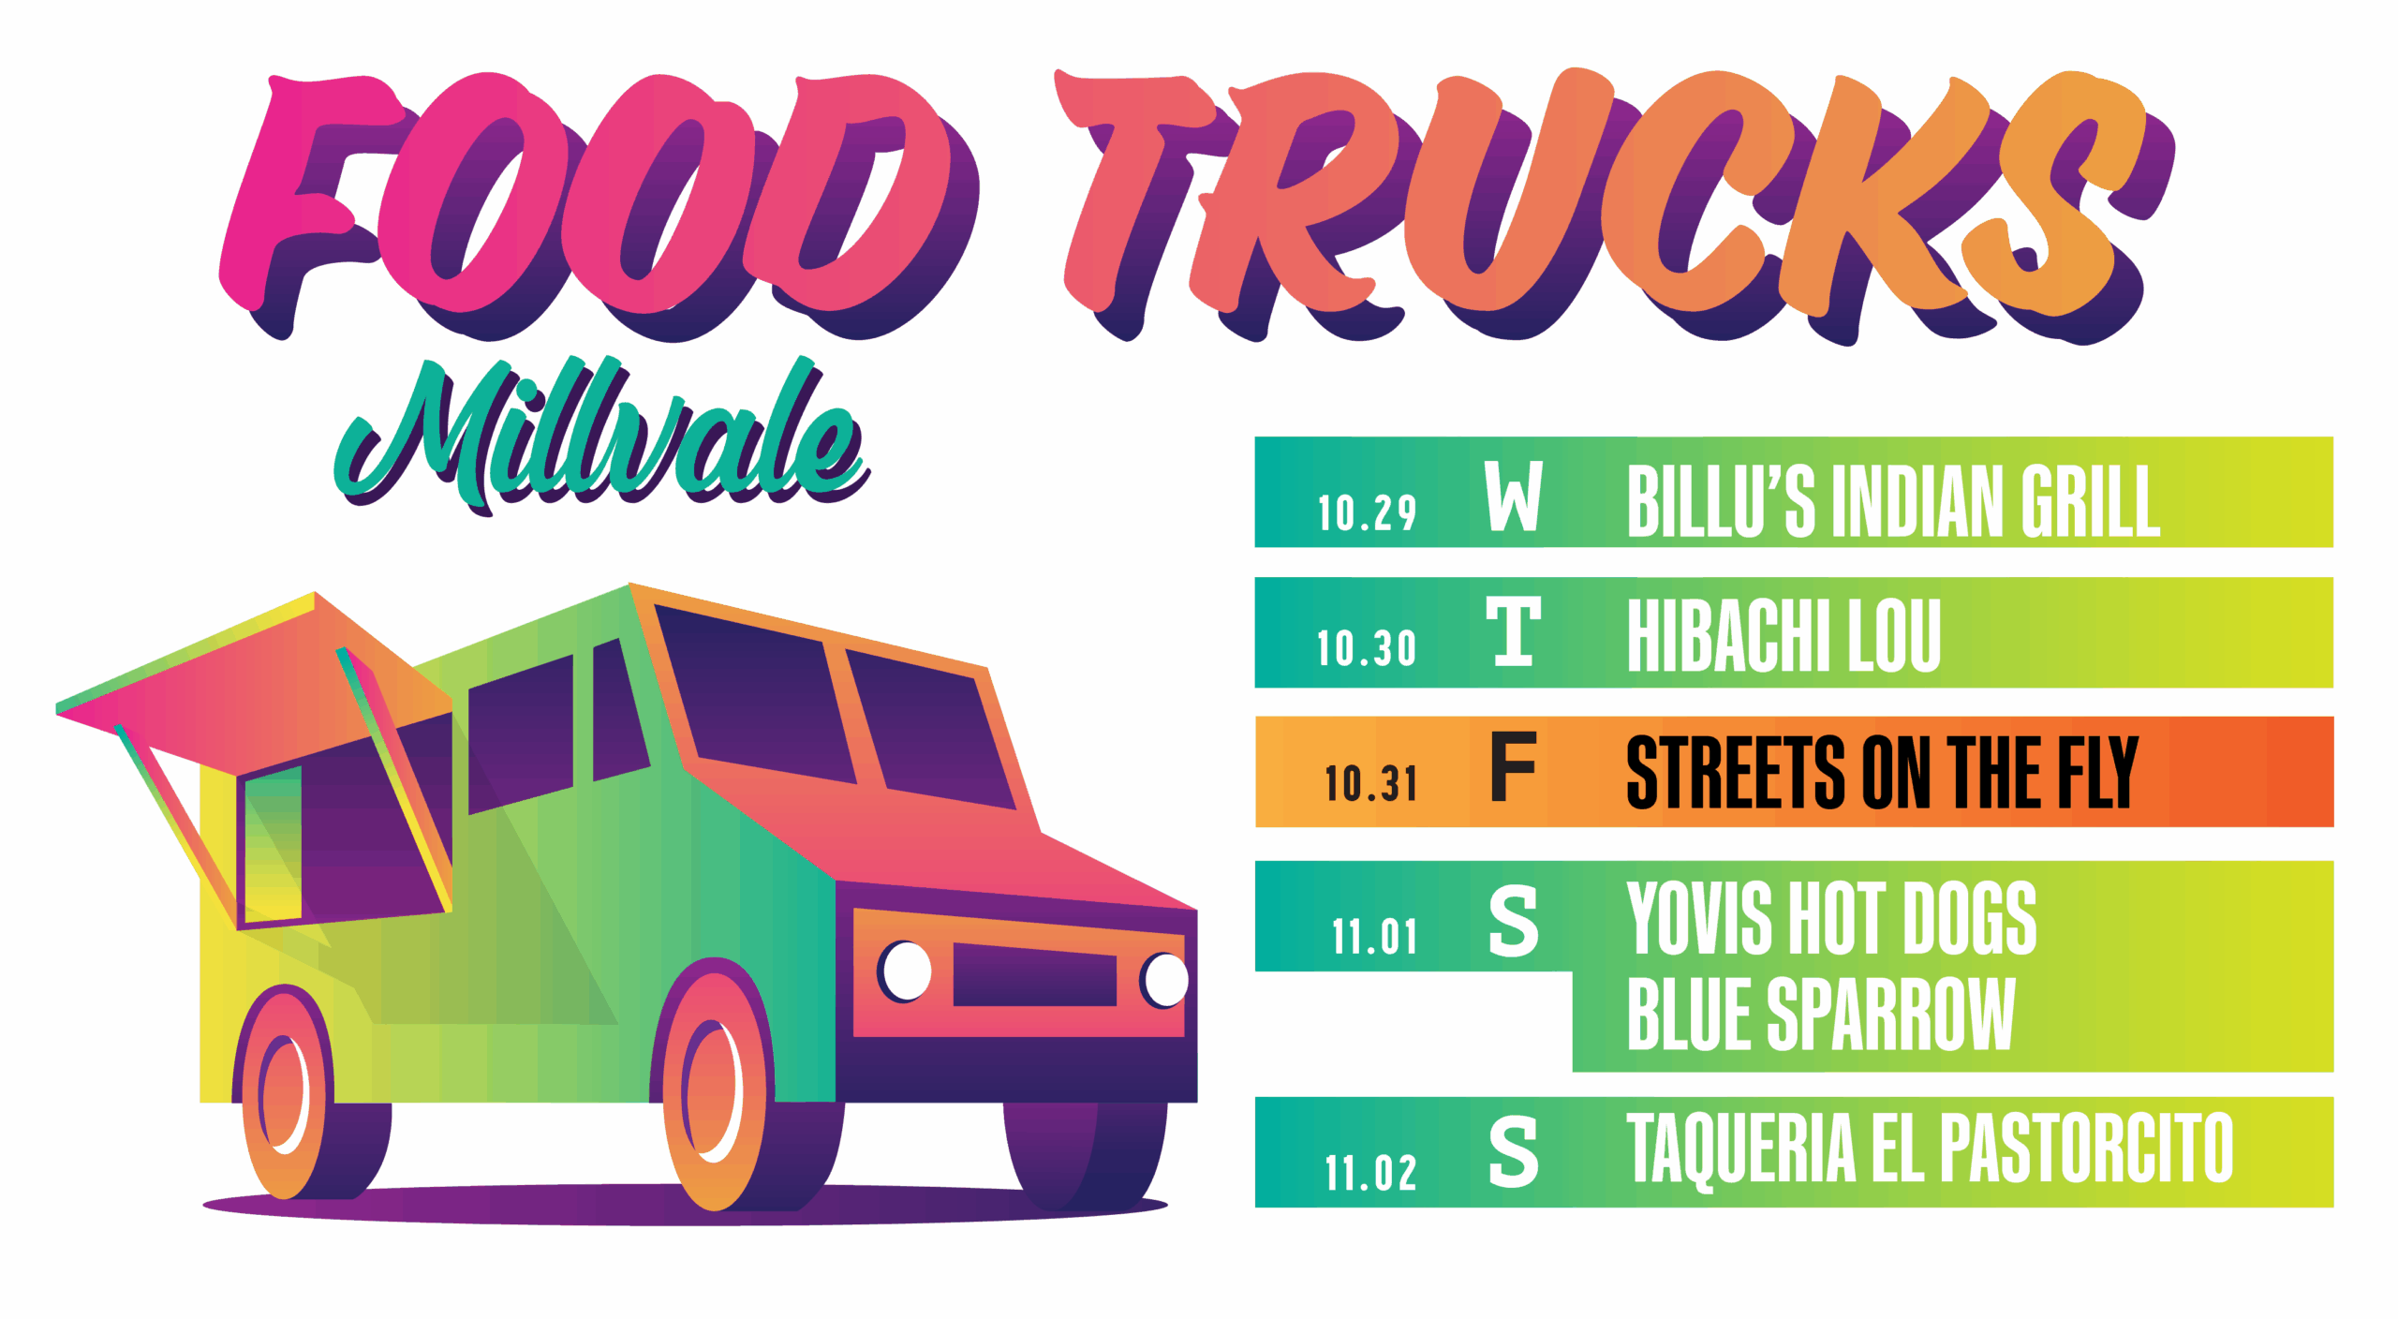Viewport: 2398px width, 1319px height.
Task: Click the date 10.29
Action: pos(1367,513)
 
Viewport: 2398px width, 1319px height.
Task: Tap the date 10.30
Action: pos(1366,648)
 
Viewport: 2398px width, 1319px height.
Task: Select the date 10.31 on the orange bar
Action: pos(1370,783)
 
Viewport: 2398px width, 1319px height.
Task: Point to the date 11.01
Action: pos(1374,937)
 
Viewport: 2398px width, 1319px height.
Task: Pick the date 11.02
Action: pos(1370,1173)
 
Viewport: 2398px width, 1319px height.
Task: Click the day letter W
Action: pos(1514,496)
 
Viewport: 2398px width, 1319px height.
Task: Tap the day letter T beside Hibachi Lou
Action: pos(1514,631)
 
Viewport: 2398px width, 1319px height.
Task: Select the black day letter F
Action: pos(1514,767)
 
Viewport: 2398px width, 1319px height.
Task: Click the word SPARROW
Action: pos(1890,1014)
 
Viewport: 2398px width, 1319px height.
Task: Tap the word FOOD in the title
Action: pos(599,201)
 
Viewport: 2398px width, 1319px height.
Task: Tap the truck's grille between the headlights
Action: pos(1034,974)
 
